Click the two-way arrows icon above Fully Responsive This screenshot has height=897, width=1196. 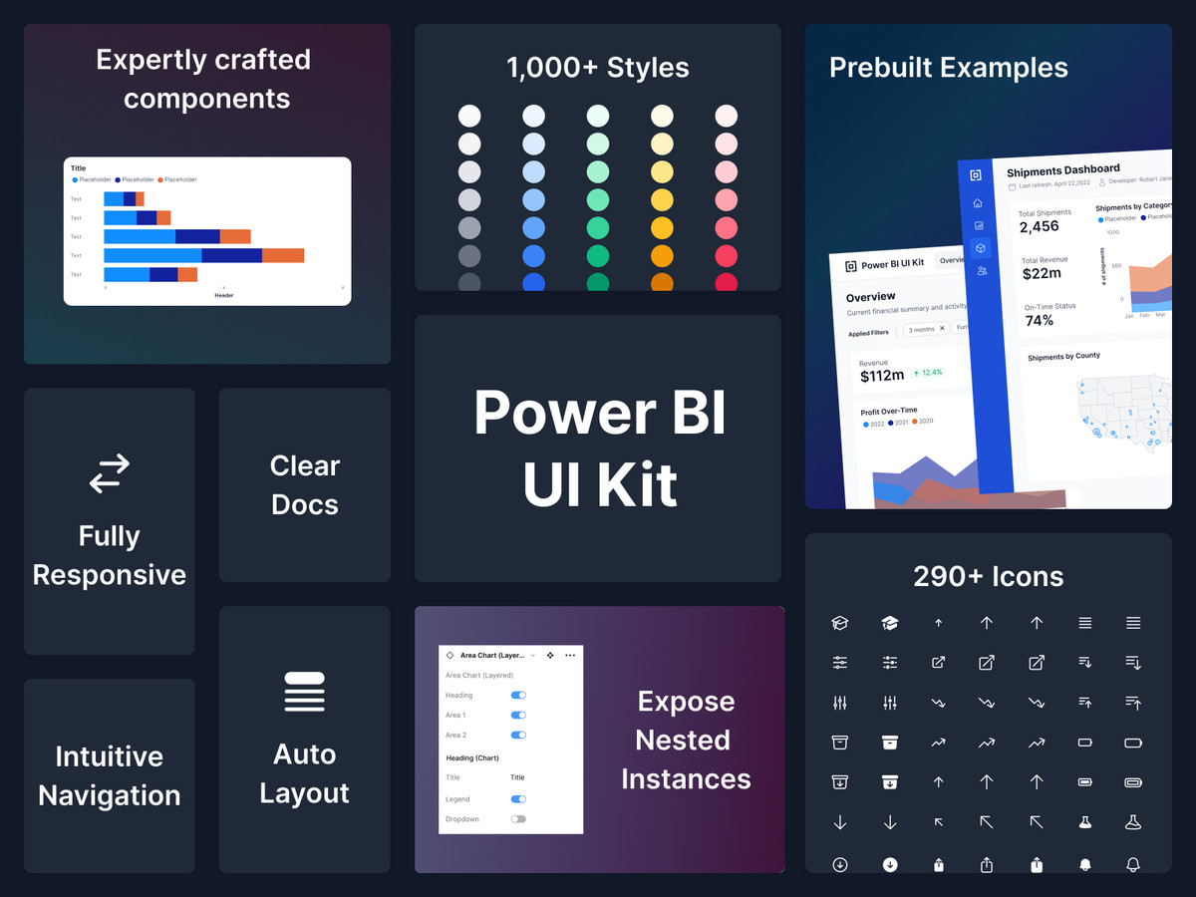[x=110, y=473]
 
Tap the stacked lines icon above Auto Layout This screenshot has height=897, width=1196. [x=304, y=692]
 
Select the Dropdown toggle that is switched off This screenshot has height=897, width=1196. [x=518, y=819]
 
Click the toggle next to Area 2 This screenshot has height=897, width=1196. [x=518, y=735]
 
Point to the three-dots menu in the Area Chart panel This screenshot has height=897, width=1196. [x=570, y=655]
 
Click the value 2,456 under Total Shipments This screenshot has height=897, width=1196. [x=1039, y=227]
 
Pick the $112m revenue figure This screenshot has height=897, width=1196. [x=882, y=376]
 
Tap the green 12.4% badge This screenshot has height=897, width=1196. [x=928, y=373]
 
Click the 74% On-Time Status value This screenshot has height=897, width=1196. [x=1039, y=321]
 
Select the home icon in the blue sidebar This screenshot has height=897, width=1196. [x=979, y=203]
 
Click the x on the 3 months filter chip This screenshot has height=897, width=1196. [x=942, y=329]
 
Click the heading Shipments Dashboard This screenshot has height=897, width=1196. [x=1062, y=170]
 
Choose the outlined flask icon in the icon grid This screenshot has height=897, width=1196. [x=1133, y=822]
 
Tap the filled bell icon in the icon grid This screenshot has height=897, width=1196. [x=1084, y=865]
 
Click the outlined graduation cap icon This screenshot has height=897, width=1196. [x=840, y=623]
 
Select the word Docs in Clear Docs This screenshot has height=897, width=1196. [x=304, y=504]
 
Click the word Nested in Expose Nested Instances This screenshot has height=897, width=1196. [x=683, y=741]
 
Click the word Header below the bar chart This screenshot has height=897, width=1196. [x=224, y=295]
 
